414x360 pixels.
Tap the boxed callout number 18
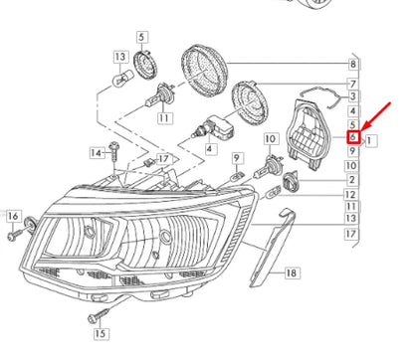click(292, 271)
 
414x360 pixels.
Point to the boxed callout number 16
click(13, 217)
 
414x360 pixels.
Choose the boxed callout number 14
click(96, 153)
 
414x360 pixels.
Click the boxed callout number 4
click(208, 149)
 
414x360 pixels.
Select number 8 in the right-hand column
click(352, 63)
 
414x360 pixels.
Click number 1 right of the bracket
click(371, 140)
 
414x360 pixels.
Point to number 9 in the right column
click(352, 151)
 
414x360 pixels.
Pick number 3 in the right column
click(352, 94)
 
